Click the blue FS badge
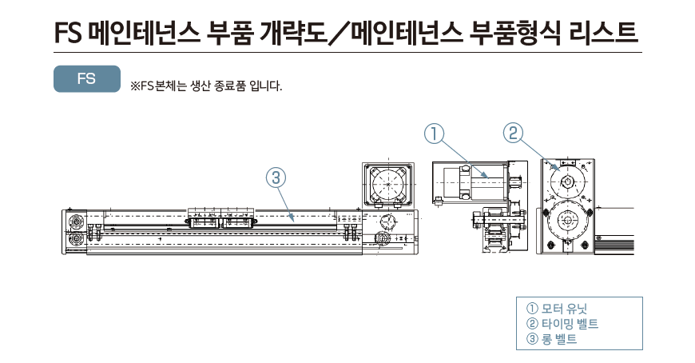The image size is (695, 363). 86,79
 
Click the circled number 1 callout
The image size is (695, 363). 433,134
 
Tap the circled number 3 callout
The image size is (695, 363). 275,178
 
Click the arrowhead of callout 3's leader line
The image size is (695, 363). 296,217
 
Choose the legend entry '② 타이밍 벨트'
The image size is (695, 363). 563,324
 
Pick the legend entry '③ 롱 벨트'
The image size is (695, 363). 552,340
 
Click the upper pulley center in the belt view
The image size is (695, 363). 566,181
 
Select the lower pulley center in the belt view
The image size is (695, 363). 566,220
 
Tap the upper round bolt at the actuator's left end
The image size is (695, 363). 77,221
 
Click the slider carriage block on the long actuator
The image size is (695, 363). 221,218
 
